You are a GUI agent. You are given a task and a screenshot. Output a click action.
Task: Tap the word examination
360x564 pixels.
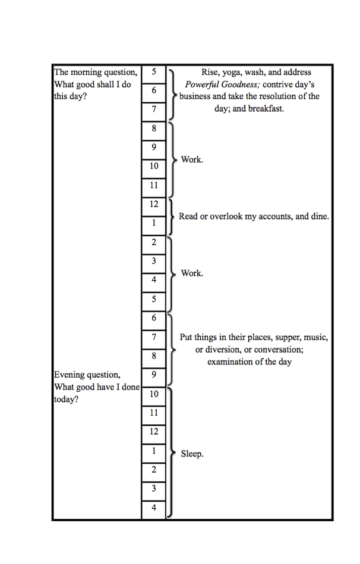(229, 362)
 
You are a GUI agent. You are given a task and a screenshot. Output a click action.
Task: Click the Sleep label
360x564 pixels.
(192, 454)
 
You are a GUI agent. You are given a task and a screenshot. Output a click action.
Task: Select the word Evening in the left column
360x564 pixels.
(71, 375)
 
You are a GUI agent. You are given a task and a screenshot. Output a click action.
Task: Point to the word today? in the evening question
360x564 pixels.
(66, 400)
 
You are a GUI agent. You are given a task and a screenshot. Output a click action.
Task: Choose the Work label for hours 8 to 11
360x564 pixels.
(192, 160)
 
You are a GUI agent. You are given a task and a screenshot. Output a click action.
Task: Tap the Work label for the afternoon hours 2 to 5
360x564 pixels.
(192, 273)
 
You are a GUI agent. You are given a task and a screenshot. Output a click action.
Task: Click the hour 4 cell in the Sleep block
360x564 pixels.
(153, 508)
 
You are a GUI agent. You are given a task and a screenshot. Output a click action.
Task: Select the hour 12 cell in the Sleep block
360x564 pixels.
(153, 432)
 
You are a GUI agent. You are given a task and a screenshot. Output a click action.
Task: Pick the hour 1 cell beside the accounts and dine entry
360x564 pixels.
(153, 223)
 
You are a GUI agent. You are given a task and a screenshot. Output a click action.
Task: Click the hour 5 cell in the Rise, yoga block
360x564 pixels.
(153, 72)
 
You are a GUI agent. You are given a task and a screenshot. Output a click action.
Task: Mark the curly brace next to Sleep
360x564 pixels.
(172, 453)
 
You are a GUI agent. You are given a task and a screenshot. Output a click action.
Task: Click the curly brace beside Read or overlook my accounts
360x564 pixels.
(172, 216)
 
